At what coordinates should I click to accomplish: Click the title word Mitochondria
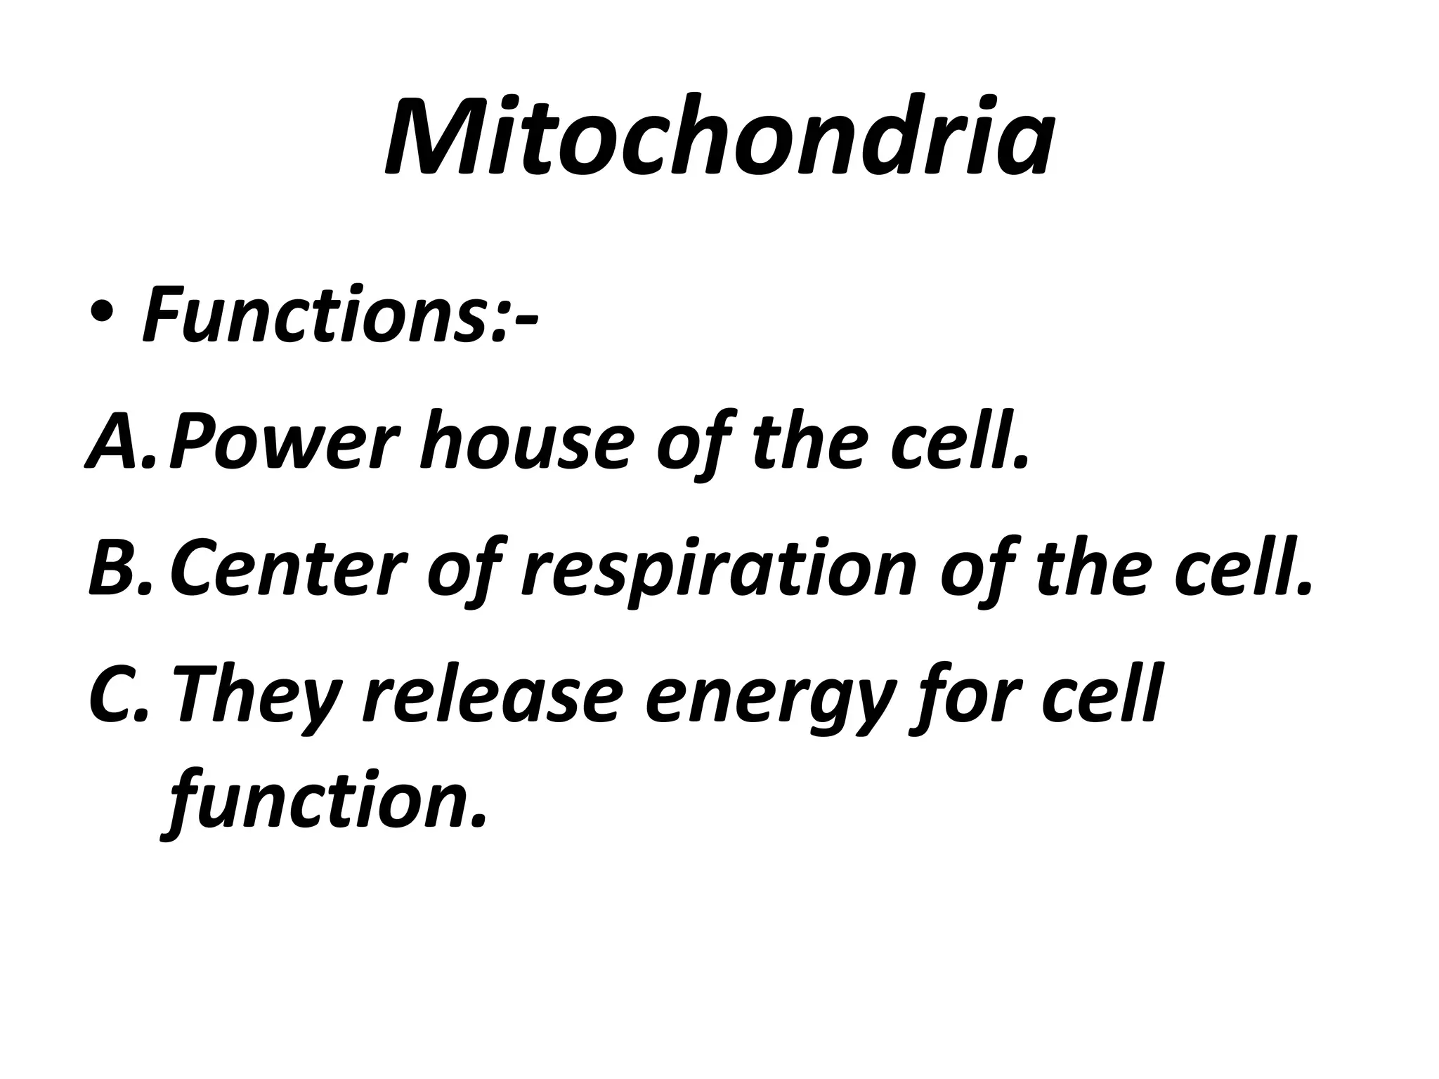(719, 137)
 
